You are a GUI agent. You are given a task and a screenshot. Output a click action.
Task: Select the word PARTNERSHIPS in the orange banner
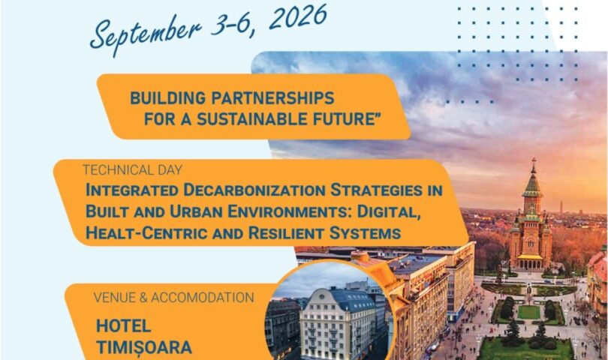tap(272, 98)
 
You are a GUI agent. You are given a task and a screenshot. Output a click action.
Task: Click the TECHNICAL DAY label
tap(132, 169)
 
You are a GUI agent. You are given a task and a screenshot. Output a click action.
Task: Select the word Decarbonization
tap(254, 190)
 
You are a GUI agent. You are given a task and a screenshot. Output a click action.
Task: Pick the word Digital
tap(389, 211)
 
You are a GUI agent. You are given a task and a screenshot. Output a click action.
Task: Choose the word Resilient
tap(286, 233)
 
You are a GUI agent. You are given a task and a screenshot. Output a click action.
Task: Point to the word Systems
tap(365, 233)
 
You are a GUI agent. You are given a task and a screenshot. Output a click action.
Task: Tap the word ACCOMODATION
tap(203, 297)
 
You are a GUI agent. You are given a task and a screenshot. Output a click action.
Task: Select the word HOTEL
tap(123, 326)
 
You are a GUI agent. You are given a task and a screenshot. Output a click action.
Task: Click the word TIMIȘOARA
tap(144, 347)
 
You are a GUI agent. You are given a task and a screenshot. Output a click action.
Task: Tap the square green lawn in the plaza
tap(529, 312)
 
